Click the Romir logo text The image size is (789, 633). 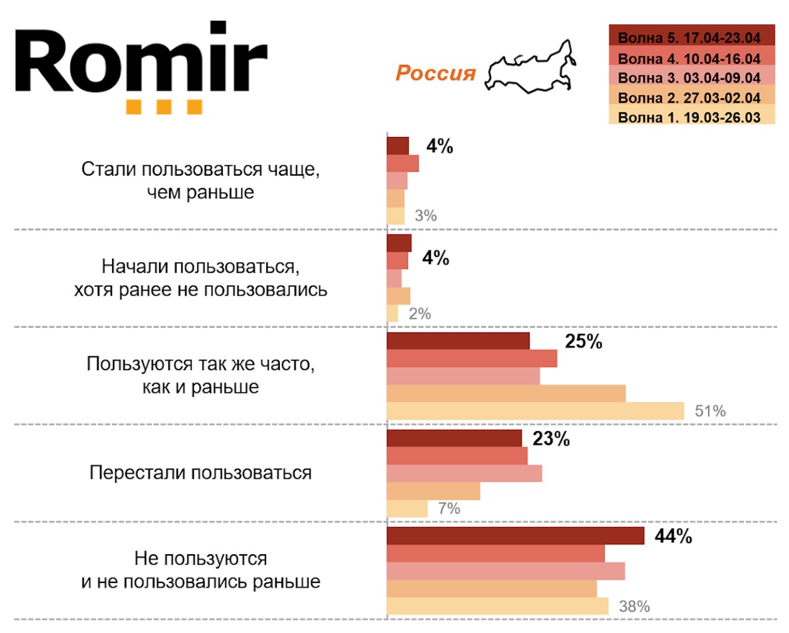point(141,61)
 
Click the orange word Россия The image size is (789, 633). point(435,73)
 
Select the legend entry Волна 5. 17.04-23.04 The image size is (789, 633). point(691,37)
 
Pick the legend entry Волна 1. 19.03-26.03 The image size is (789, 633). point(691,116)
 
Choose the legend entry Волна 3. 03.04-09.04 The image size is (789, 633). point(691,78)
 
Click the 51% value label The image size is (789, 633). point(710,411)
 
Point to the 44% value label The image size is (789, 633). point(673,536)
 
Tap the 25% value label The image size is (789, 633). point(583,342)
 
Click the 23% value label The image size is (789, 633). point(551,439)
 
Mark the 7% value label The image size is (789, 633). point(449,509)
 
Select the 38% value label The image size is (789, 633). point(634,606)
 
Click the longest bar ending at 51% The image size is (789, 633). point(535,411)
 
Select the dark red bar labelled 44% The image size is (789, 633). point(515,536)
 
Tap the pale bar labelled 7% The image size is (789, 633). point(407,509)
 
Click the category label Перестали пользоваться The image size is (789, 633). point(200,472)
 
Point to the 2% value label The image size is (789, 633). point(420,313)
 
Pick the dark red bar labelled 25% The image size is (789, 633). point(458,341)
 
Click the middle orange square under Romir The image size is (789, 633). point(164,107)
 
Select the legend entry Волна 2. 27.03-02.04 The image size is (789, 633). point(691,97)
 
